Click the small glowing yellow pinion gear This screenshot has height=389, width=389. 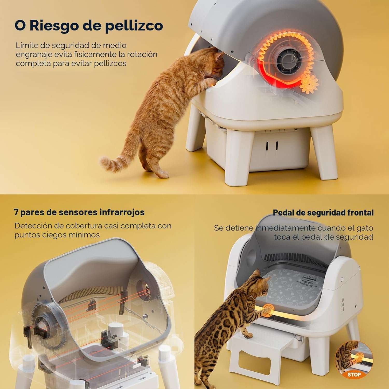[308, 84]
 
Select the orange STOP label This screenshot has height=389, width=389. [354, 374]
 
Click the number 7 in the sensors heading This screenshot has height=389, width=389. [16, 212]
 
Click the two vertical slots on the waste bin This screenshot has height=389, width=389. [272, 146]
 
